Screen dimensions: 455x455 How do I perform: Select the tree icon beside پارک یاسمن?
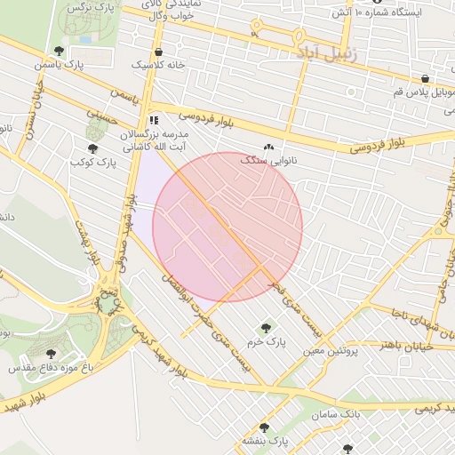pyautogui.click(x=59, y=51)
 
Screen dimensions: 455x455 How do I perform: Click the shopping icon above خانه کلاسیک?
pyautogui.click(x=158, y=52)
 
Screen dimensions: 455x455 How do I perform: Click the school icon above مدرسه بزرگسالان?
pyautogui.click(x=154, y=119)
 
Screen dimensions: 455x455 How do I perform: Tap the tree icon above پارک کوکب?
pyautogui.click(x=92, y=148)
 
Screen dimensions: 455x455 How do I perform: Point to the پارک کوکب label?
pyautogui.click(x=93, y=163)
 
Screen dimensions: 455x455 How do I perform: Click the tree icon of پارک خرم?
pyautogui.click(x=264, y=327)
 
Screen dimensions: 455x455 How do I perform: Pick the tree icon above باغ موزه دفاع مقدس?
pyautogui.click(x=51, y=353)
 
